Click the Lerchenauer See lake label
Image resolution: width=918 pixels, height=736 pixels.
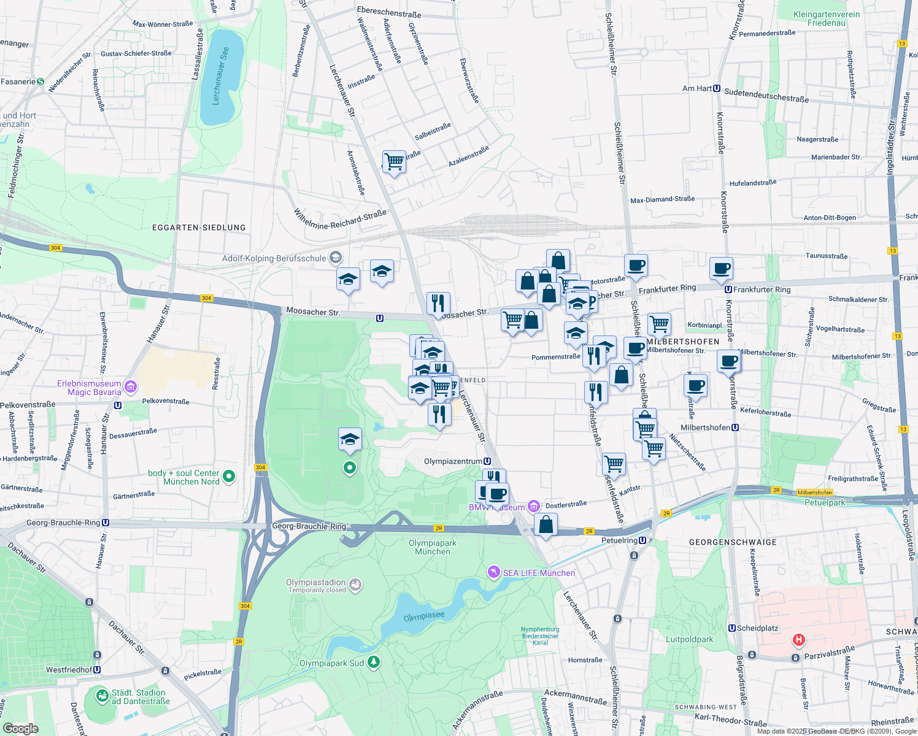(x=221, y=75)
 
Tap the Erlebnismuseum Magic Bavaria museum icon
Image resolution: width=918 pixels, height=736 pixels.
(x=130, y=387)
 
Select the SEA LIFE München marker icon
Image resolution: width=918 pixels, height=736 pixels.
(x=494, y=572)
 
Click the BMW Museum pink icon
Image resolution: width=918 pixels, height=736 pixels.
(x=534, y=507)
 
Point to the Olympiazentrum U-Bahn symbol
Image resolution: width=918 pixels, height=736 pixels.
(x=487, y=461)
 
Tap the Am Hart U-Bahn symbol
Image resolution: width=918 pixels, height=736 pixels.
(x=717, y=88)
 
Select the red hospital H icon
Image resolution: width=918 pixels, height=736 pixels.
(x=798, y=640)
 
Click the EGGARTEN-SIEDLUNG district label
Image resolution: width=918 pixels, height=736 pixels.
(x=199, y=228)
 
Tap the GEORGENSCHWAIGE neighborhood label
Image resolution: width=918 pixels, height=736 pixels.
(x=733, y=542)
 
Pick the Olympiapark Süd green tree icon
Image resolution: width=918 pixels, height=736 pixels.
(x=374, y=663)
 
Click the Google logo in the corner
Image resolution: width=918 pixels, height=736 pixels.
(x=20, y=728)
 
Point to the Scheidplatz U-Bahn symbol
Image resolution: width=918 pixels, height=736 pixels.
(x=731, y=628)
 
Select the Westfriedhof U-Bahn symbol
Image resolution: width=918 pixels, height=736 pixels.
(x=97, y=670)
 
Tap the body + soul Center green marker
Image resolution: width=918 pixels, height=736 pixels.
(x=229, y=477)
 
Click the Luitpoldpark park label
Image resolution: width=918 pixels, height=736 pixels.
(x=689, y=639)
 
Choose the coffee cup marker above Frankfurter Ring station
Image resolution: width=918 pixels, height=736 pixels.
(x=721, y=268)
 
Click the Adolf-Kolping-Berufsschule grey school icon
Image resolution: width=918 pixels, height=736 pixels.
(x=335, y=258)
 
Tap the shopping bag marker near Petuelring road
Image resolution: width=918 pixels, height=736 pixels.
(x=546, y=525)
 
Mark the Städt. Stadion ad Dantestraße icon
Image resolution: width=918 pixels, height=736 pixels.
(x=102, y=696)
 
